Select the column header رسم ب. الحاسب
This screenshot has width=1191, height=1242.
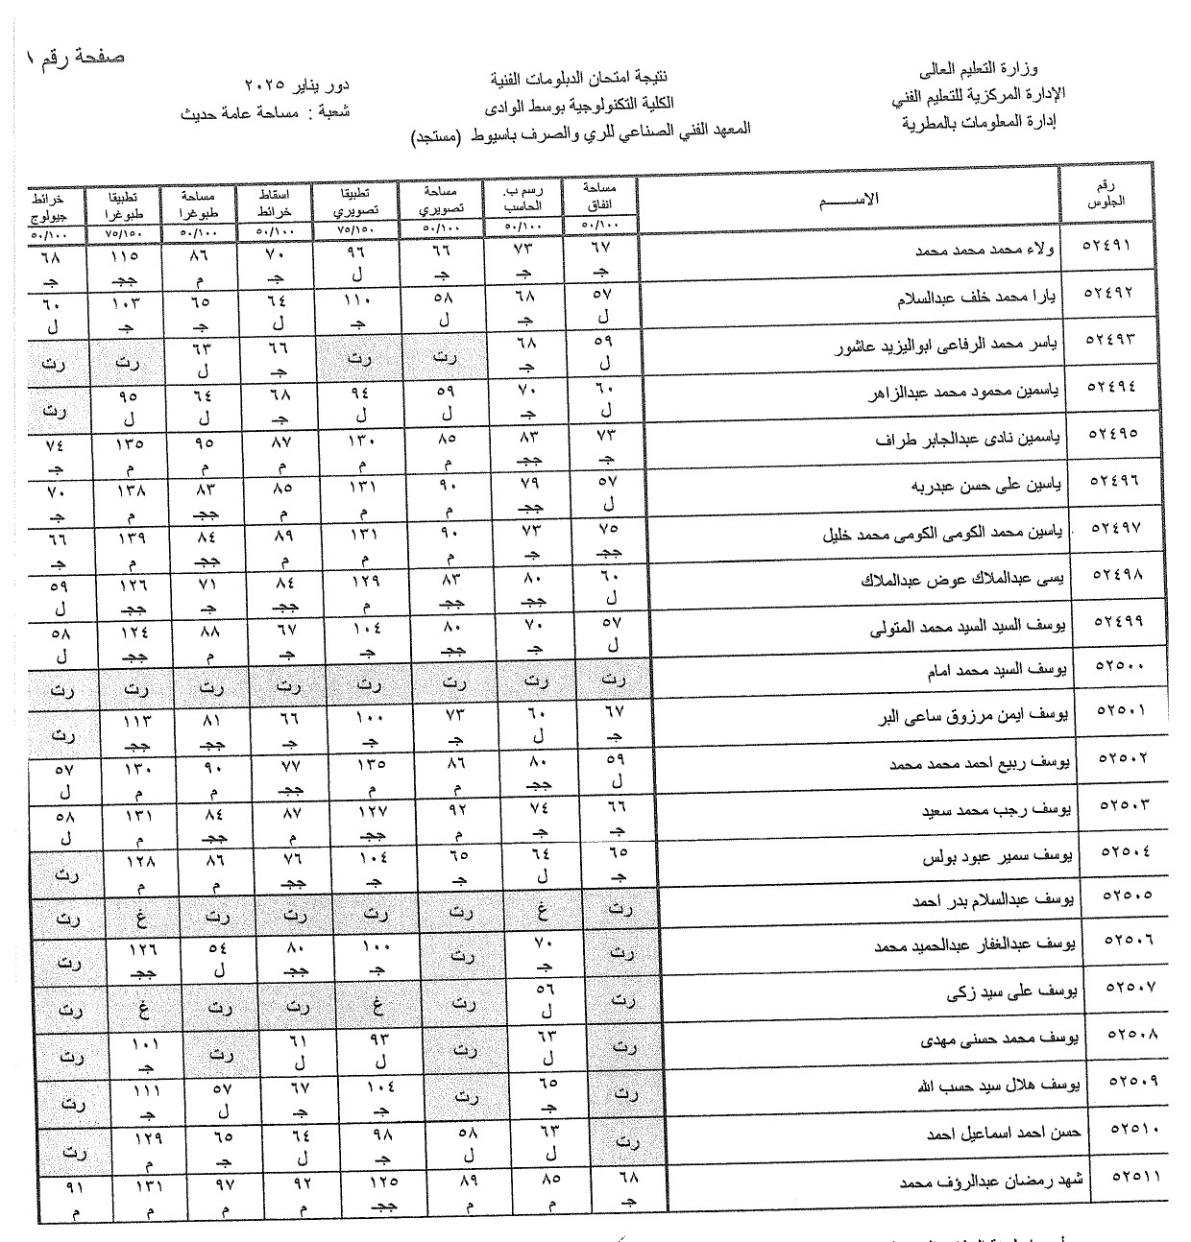[x=523, y=199]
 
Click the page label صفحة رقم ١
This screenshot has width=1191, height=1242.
[x=77, y=55]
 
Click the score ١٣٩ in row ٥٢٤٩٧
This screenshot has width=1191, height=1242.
[x=131, y=538]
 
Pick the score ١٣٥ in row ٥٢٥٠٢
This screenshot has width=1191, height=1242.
[x=371, y=766]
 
